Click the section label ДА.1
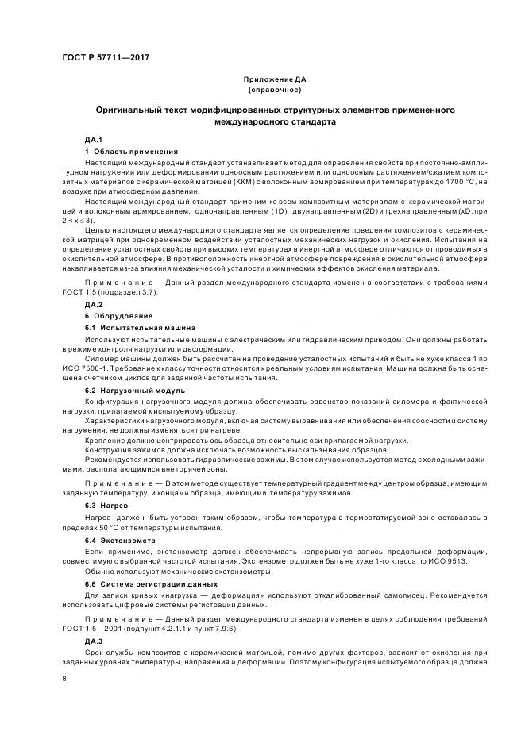pyautogui.click(x=95, y=140)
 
